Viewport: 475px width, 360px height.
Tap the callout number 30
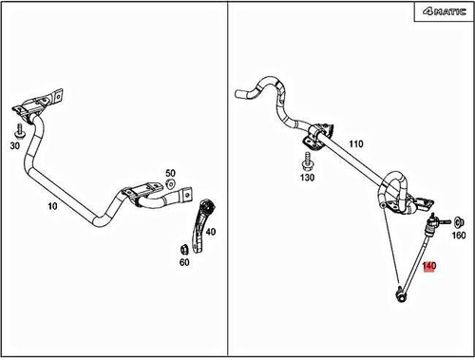coord(16,146)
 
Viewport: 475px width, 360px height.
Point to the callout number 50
coord(171,173)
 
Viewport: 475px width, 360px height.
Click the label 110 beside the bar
coord(355,143)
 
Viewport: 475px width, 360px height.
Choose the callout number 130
coord(308,178)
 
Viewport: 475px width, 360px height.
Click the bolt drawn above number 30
coord(18,129)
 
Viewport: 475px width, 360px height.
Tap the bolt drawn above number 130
coord(307,159)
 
